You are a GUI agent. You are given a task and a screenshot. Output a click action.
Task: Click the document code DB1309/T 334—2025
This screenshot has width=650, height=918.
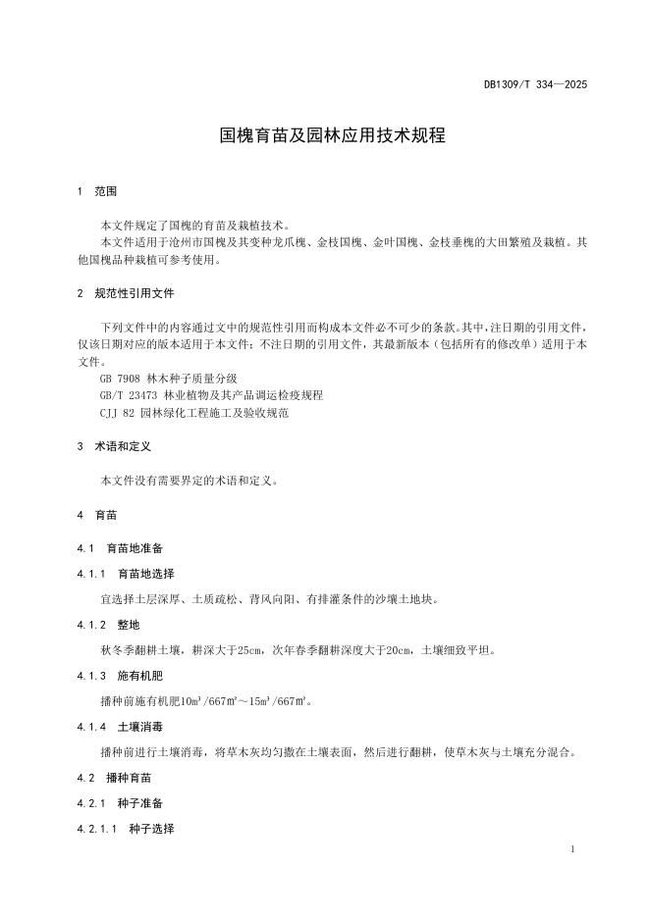535,85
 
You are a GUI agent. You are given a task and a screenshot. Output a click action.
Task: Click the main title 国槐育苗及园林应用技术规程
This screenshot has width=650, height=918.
332,135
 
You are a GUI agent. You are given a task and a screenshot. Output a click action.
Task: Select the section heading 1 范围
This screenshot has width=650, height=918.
96,191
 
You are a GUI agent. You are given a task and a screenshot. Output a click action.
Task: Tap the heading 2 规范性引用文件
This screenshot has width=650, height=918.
127,293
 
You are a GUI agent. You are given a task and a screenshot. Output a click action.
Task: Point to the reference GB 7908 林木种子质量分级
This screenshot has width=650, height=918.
168,378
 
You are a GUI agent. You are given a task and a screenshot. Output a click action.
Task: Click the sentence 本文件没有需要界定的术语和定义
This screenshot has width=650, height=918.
190,481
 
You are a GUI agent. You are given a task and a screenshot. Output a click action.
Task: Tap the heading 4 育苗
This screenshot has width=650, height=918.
96,514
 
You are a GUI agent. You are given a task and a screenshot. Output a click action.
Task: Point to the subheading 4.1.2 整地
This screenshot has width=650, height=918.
108,624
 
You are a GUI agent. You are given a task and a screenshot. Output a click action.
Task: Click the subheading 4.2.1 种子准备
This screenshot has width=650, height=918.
119,803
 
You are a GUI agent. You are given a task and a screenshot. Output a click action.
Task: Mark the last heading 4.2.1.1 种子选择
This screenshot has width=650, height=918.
125,829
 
